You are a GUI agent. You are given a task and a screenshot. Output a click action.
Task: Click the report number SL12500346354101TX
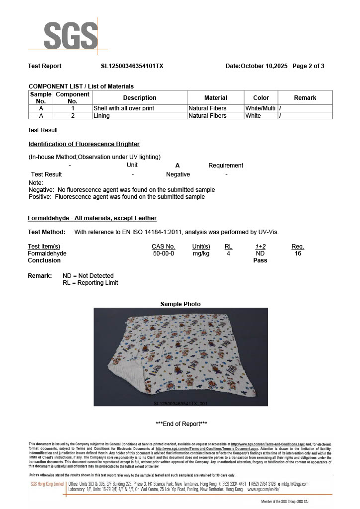pos(132,66)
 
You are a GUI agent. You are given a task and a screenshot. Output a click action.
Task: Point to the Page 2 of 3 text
pos(308,66)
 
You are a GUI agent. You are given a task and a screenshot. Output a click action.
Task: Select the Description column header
pos(140,98)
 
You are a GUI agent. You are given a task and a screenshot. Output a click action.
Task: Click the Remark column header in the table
pos(305,98)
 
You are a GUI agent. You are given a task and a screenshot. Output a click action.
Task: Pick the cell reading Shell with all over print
pos(124,108)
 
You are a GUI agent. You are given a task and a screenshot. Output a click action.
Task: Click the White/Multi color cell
pos(261,108)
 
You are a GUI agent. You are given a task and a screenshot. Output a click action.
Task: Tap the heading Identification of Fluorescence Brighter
pos(84,144)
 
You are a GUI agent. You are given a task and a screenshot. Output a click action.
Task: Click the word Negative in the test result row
pos(178,174)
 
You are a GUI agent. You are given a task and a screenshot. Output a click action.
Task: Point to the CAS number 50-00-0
pos(163,254)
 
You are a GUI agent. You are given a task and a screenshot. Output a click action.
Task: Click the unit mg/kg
pos(201,254)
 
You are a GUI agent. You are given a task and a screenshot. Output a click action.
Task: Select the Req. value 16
pos(298,254)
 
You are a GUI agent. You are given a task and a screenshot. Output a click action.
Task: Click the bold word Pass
pos(260,260)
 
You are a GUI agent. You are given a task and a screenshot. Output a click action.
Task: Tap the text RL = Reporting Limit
pos(90,283)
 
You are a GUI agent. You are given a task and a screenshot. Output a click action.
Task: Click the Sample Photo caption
pos(180,304)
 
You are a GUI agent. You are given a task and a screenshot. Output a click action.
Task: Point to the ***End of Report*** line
pos(181,424)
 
